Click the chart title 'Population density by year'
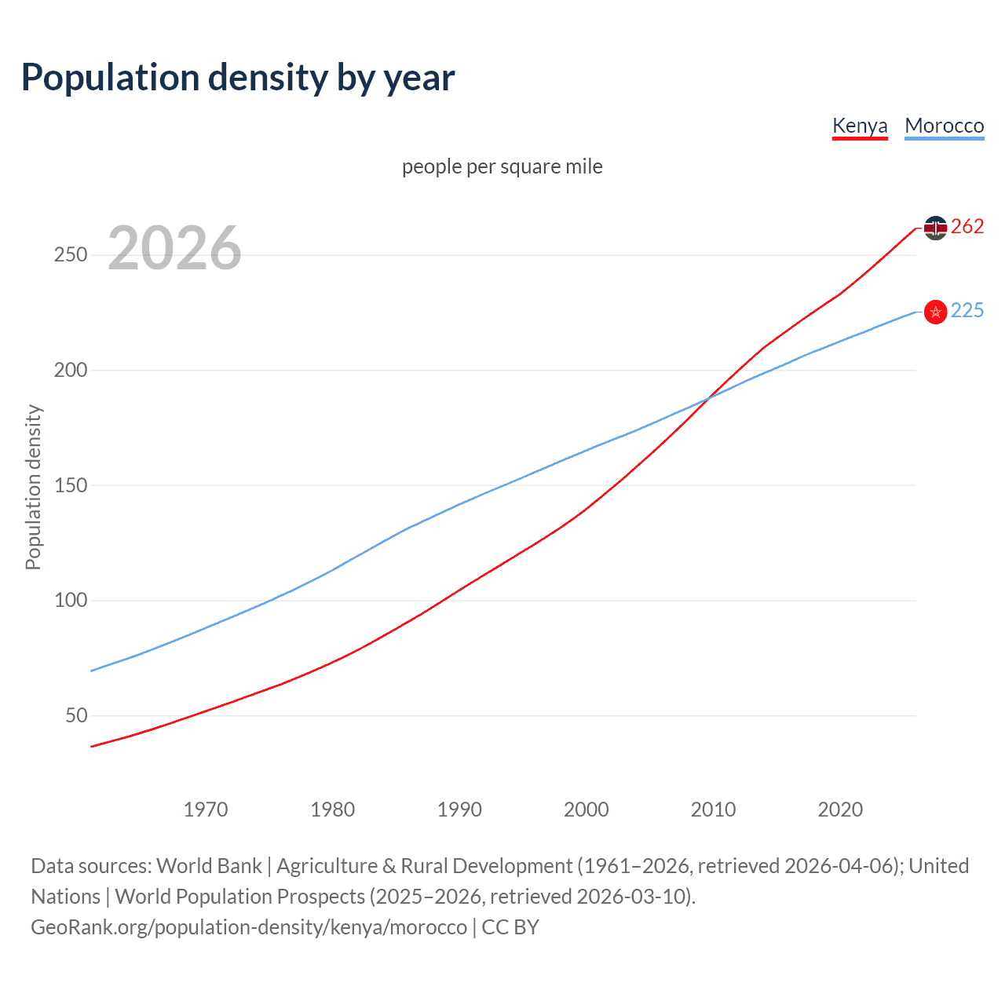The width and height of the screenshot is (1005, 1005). pyautogui.click(x=238, y=78)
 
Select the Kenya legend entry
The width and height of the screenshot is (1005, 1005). pyautogui.click(x=860, y=126)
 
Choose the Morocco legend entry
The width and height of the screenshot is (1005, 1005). pyautogui.click(x=944, y=126)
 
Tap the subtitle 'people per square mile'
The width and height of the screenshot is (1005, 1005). pyautogui.click(x=502, y=166)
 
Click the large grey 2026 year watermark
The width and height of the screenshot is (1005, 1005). pyautogui.click(x=174, y=248)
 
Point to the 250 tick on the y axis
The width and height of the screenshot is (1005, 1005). pyautogui.click(x=71, y=255)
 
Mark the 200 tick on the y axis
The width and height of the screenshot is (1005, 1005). pyautogui.click(x=71, y=370)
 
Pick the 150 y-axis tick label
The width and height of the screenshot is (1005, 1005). pyautogui.click(x=71, y=485)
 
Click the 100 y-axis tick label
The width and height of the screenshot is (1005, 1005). pyautogui.click(x=71, y=601)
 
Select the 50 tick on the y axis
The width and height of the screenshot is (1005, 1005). pyautogui.click(x=76, y=715)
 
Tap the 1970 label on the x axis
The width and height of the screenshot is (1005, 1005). pyautogui.click(x=206, y=809)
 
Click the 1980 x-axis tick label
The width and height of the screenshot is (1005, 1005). pyautogui.click(x=333, y=809)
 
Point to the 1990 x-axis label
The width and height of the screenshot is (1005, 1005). pyautogui.click(x=459, y=809)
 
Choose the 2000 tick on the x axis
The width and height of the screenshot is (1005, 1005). pyautogui.click(x=587, y=809)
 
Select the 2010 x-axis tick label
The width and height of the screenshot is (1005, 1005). pyautogui.click(x=713, y=809)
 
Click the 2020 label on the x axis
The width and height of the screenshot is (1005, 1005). pyautogui.click(x=840, y=809)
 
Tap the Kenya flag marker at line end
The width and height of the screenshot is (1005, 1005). pyautogui.click(x=935, y=228)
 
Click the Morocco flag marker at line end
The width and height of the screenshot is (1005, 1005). pyautogui.click(x=935, y=312)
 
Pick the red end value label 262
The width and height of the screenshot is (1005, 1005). pyautogui.click(x=967, y=227)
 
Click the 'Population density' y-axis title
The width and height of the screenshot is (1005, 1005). pyautogui.click(x=33, y=487)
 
